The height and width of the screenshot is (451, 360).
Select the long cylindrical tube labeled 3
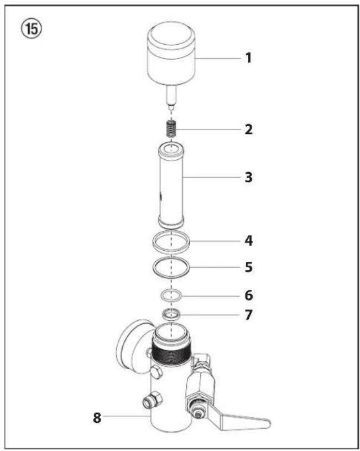(x=172, y=185)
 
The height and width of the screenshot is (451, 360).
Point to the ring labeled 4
(x=172, y=242)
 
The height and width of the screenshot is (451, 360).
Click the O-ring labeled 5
(x=172, y=267)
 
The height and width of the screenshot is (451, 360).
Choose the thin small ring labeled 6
(x=172, y=294)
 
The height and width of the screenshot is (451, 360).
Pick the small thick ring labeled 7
(x=172, y=315)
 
